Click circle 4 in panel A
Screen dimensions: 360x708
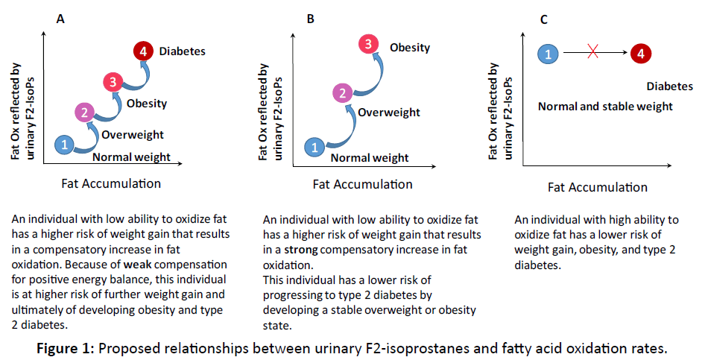pos(143,51)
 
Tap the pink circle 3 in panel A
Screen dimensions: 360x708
pos(112,83)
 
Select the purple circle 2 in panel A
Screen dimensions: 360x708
pos(85,113)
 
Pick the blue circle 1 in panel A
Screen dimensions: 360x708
pos(65,145)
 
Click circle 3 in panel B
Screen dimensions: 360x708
pos(367,45)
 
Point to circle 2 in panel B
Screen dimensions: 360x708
pos(342,93)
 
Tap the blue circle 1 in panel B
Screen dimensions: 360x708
pos(315,147)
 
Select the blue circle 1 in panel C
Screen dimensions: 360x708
pos(548,53)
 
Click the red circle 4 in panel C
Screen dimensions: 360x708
pos(640,53)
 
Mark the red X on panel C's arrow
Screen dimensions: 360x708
pos(594,52)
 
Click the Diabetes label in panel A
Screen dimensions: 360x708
pos(182,51)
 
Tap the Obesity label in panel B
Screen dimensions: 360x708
pos(410,47)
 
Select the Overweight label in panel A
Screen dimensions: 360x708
pos(132,134)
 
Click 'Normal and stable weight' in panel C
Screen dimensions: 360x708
pos(605,107)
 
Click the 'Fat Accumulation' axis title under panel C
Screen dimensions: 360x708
pos(598,186)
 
